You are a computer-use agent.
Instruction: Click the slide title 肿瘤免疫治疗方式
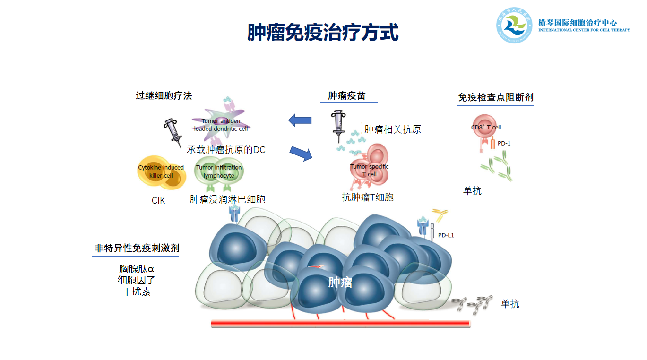(x=323, y=33)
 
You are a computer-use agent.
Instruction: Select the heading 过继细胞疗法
(x=164, y=96)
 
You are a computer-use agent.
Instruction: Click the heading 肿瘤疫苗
(x=347, y=96)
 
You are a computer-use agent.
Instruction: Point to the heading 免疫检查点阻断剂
(x=496, y=97)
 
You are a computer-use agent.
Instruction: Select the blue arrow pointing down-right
(x=302, y=153)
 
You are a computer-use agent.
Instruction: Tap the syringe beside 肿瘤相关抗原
(x=338, y=125)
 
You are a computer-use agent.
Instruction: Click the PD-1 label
(x=504, y=143)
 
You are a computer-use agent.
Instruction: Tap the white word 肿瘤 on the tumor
(x=340, y=283)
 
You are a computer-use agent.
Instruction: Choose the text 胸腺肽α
(x=137, y=269)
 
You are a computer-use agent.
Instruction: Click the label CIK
(x=158, y=201)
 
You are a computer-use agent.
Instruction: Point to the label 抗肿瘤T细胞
(x=368, y=197)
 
